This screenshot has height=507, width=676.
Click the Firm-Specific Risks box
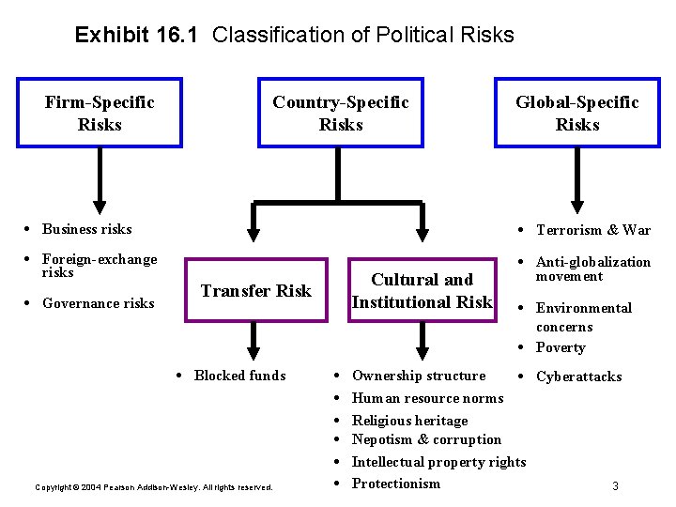pos(100,114)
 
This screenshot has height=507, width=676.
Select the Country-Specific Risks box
pos(340,114)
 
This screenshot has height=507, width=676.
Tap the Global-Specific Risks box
pos(576,114)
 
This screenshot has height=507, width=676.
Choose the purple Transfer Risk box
pos(255,290)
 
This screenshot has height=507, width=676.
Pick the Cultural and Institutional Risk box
pos(422,290)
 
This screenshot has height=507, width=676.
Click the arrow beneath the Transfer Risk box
pos(251,339)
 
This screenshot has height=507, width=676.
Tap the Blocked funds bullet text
pos(239,376)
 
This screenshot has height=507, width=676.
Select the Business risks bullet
pos(86,229)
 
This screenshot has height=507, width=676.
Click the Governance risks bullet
pos(98,303)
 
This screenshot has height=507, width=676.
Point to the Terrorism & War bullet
pos(592,230)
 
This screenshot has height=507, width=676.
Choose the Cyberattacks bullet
pos(578,376)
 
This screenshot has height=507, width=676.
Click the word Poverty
pos(561,347)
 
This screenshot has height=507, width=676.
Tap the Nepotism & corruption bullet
pos(426,439)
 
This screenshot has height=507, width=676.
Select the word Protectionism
pos(395,484)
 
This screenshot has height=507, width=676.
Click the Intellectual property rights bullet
pos(438,462)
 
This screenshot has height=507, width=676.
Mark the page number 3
pos(615,486)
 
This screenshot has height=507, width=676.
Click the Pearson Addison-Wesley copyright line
pos(153,487)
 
